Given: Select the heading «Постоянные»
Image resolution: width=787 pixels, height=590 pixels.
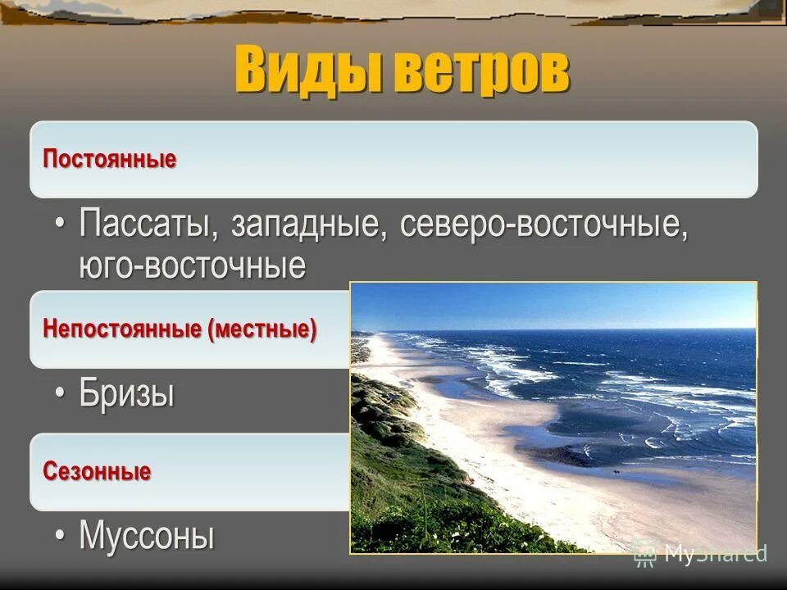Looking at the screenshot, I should (110, 159).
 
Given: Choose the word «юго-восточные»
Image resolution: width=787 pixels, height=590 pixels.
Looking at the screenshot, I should (193, 265).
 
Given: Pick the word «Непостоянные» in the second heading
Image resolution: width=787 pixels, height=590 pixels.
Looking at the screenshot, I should (122, 330).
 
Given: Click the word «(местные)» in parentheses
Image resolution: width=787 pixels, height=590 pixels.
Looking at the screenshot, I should (262, 330).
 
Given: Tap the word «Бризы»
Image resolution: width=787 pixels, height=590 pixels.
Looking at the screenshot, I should (127, 394).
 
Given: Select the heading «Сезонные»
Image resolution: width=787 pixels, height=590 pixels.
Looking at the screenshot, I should (97, 472).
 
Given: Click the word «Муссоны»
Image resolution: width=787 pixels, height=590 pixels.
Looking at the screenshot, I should (147, 537).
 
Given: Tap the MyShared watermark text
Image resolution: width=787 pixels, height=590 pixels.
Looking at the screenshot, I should (716, 553).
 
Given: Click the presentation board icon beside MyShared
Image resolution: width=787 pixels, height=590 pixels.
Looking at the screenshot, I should (645, 553).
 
